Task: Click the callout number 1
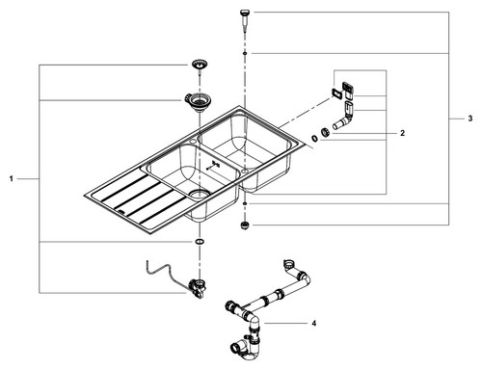[12, 178]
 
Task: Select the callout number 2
[403, 133]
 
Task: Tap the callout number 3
[470, 119]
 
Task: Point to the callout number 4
[314, 323]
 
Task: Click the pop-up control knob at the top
[245, 19]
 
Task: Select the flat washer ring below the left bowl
[200, 241]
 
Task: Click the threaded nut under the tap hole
[245, 225]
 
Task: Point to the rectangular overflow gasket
[336, 93]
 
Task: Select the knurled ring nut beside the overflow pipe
[325, 132]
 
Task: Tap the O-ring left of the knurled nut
[314, 138]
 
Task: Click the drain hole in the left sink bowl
[200, 193]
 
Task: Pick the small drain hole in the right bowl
[245, 172]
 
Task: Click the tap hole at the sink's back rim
[193, 141]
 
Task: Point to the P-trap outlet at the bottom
[235, 348]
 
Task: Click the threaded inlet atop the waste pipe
[288, 264]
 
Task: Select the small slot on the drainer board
[121, 211]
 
